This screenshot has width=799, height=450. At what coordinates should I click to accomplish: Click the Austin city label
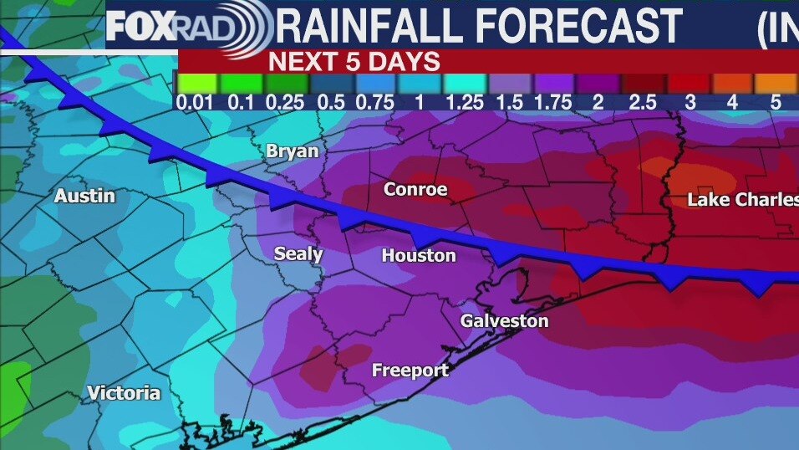(x=84, y=197)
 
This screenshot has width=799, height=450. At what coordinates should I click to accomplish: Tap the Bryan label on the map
(x=292, y=151)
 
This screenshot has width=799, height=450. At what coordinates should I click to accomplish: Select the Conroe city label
(x=415, y=190)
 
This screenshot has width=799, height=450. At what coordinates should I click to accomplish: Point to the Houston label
(x=419, y=256)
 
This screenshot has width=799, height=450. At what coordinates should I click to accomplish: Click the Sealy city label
(x=298, y=254)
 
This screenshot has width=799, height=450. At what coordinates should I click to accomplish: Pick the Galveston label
(x=504, y=321)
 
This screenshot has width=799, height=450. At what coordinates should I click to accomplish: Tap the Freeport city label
(x=410, y=370)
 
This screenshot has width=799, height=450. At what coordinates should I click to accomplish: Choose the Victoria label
(x=124, y=393)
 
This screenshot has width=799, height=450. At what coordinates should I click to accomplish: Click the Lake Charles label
(x=742, y=200)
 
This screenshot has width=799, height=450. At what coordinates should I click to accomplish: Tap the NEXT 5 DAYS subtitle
(x=354, y=61)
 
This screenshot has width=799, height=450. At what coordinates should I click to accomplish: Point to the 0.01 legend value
(x=197, y=102)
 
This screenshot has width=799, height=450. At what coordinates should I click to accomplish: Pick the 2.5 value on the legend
(x=644, y=102)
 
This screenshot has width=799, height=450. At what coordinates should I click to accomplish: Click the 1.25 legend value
(x=464, y=102)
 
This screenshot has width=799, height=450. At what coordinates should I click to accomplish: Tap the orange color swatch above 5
(x=775, y=84)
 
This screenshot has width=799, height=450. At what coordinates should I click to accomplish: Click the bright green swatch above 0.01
(x=197, y=84)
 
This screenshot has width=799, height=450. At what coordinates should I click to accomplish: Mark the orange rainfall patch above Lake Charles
(x=699, y=176)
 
